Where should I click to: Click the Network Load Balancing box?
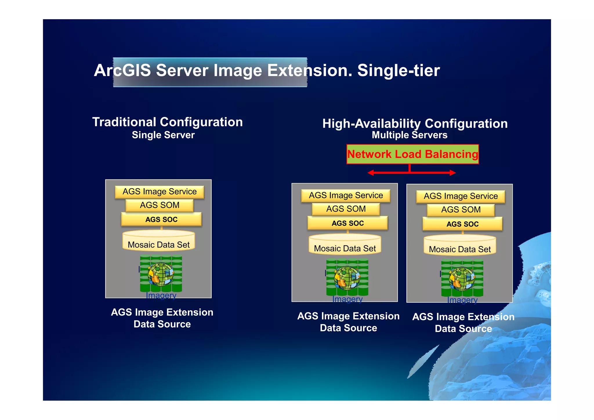412,154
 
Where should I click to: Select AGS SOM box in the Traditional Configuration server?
160,205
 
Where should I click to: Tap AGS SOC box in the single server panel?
161,219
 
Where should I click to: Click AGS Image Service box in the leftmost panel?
160,192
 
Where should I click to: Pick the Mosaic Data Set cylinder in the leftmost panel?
159,241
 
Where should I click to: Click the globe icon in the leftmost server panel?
161,274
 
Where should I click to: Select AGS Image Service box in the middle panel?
346,196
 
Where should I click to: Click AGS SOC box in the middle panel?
347,223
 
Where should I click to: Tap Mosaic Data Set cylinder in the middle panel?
345,245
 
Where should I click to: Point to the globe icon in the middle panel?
347,278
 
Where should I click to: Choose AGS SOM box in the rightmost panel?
461,210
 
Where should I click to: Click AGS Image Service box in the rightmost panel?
461,197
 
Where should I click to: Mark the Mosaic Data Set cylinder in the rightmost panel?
460,246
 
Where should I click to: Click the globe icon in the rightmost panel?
462,279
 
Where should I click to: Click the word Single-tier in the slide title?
399,71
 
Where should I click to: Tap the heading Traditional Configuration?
167,122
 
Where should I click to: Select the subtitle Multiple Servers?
410,135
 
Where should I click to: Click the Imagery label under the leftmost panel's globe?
161,295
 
